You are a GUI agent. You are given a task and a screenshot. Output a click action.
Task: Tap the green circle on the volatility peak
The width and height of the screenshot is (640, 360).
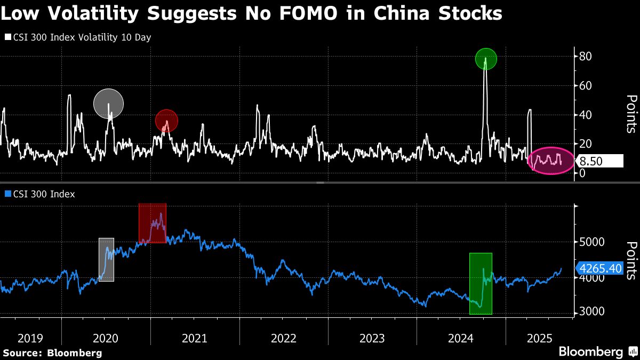pyautogui.click(x=486, y=59)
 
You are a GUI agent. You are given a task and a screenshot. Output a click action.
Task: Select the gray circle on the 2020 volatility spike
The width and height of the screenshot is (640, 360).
pyautogui.click(x=108, y=103)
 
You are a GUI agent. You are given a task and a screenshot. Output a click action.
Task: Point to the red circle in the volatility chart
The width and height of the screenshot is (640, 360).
pyautogui.click(x=166, y=121)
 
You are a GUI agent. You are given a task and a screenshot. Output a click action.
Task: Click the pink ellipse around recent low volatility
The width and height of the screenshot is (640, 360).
pyautogui.click(x=551, y=160)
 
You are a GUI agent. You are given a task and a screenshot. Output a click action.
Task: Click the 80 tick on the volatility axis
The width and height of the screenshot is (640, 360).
pyautogui.click(x=586, y=56)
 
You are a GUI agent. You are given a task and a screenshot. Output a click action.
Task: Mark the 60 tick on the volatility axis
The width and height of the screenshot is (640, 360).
pyautogui.click(x=586, y=85)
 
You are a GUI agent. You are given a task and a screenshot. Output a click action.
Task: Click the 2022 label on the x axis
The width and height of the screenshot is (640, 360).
pyautogui.click(x=283, y=338)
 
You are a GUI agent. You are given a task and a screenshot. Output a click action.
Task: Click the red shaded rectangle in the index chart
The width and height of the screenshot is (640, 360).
pyautogui.click(x=153, y=223)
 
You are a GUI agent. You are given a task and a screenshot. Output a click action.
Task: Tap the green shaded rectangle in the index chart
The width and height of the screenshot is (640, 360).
pyautogui.click(x=481, y=283)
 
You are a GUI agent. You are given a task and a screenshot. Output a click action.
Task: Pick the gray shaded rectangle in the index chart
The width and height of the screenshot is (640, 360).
pyautogui.click(x=106, y=260)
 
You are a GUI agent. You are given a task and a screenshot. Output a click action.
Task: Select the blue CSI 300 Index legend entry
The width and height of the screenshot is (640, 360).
pyautogui.click(x=41, y=194)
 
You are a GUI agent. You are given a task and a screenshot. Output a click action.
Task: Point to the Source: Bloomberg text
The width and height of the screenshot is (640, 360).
pyautogui.click(x=52, y=353)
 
